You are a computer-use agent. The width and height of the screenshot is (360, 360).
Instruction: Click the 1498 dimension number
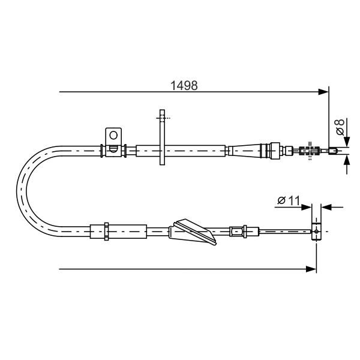[184, 85]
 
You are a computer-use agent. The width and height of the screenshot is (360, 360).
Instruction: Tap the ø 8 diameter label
[340, 127]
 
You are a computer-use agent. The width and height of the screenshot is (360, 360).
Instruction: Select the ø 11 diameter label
[289, 200]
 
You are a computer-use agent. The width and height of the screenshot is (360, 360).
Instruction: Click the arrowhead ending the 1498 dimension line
[323, 92]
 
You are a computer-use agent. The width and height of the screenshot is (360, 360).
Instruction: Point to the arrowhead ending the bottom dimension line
[311, 269]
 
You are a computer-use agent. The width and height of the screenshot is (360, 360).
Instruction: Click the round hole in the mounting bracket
[113, 135]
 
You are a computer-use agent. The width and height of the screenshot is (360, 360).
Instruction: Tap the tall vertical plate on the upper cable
[162, 137]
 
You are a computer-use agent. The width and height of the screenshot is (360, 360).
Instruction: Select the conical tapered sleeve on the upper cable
[244, 151]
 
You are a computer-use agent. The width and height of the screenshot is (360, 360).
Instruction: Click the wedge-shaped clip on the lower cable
[193, 232]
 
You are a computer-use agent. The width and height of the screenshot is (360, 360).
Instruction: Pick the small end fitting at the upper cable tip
[334, 151]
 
